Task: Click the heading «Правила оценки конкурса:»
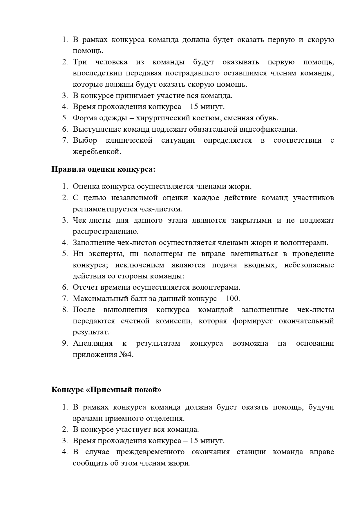103,169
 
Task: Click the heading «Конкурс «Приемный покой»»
106,390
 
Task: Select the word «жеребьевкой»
97,152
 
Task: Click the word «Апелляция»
93,344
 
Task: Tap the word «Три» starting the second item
80,62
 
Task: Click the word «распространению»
106,231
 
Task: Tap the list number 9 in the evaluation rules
65,344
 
